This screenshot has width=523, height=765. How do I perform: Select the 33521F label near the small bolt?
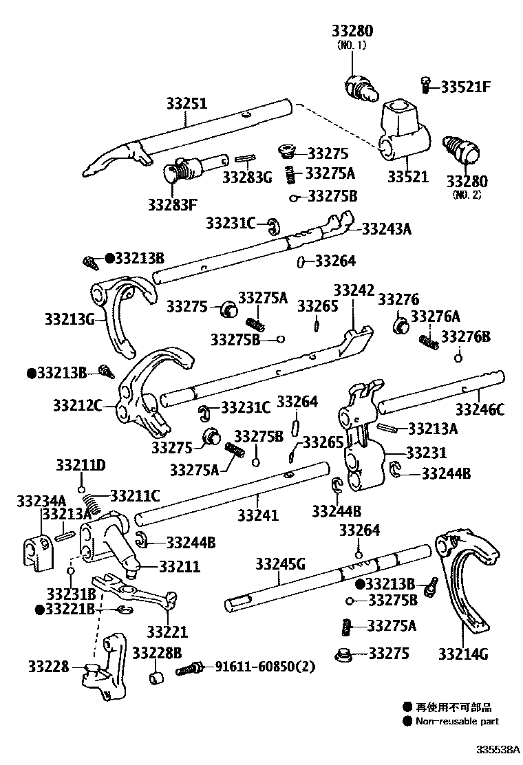(466, 87)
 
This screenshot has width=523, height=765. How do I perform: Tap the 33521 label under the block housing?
(407, 177)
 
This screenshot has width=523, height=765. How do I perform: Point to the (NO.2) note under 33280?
(467, 195)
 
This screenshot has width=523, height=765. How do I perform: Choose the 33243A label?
(386, 229)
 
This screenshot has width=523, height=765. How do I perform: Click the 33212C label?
(77, 405)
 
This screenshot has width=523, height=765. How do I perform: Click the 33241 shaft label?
(258, 515)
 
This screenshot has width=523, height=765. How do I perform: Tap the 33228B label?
(157, 652)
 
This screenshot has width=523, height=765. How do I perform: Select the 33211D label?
(81, 466)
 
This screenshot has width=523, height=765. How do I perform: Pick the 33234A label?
(41, 500)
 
